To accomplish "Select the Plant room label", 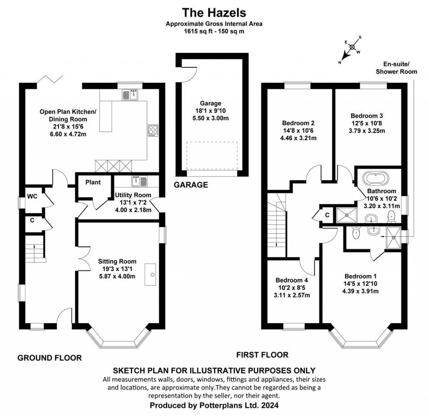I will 93,182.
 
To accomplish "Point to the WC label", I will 32,197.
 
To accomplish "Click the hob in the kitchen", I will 153,130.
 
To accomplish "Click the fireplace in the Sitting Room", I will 150,275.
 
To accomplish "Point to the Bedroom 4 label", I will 291,280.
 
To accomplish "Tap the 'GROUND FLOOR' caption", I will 49,358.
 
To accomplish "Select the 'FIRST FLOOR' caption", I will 262,355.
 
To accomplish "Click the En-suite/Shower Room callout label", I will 396,68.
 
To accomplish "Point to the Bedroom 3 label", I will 367,116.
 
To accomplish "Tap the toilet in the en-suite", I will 356,234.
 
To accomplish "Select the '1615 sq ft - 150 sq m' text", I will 214,31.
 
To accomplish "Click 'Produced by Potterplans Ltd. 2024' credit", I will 214,406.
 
